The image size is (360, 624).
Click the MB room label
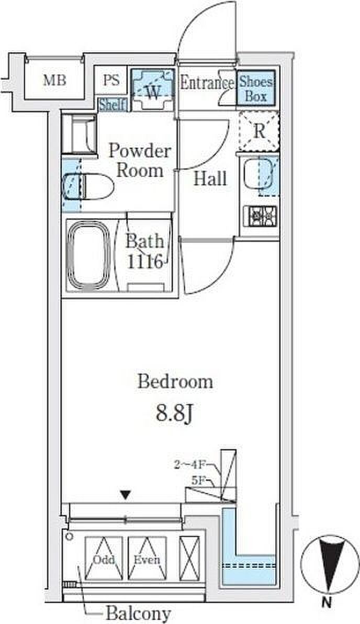[x=54, y=81]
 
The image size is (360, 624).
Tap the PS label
[x=111, y=80]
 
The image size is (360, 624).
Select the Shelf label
[x=113, y=105]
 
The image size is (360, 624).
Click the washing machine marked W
[x=153, y=90]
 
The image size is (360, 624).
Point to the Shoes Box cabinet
[x=256, y=88]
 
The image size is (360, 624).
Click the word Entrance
[x=207, y=83]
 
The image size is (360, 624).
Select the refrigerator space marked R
[x=259, y=131]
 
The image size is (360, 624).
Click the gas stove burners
[x=261, y=216]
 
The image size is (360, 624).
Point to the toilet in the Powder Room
[x=88, y=186]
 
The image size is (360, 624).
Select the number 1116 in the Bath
[x=145, y=262]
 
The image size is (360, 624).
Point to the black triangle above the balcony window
[x=126, y=495]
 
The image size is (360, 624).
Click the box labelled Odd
[x=104, y=559]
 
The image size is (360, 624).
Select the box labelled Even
[x=147, y=559]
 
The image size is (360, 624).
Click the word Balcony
[x=138, y=613]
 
